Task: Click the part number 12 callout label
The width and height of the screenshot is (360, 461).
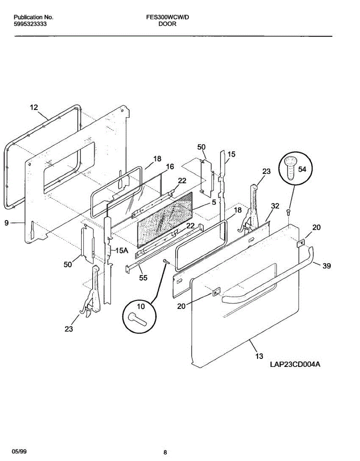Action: (34, 108)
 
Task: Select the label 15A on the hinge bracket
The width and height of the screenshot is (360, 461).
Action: (121, 250)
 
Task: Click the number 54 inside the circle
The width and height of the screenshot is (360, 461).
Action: (302, 169)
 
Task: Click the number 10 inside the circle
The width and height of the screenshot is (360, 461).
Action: (141, 306)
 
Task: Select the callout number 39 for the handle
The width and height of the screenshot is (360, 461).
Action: (326, 265)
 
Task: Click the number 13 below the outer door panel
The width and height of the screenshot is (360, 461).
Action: (259, 357)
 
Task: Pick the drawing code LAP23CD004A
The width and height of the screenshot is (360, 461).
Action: (295, 365)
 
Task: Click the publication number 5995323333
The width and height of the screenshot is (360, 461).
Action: (31, 23)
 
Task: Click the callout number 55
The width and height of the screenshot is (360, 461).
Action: (143, 278)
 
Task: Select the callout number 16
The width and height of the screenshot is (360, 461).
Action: (170, 166)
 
